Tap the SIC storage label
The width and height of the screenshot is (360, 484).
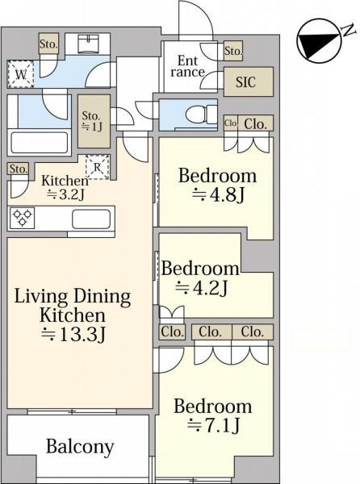click(x=245, y=82)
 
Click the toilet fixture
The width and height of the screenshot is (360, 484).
click(x=202, y=115)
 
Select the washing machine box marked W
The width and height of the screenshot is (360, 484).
click(x=20, y=74)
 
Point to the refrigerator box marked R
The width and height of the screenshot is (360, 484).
click(x=97, y=167)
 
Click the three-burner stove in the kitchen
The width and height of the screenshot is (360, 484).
click(x=22, y=218)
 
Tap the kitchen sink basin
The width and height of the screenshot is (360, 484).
click(x=91, y=219)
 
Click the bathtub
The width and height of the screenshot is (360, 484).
click(x=40, y=143)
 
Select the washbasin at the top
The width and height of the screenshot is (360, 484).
click(x=88, y=44)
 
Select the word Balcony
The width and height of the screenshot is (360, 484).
click(x=80, y=447)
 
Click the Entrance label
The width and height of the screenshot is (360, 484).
click(x=187, y=66)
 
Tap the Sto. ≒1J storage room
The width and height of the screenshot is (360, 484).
click(x=94, y=121)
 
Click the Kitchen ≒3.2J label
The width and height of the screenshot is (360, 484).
click(x=65, y=187)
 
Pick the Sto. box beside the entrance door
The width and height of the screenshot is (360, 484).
click(x=233, y=51)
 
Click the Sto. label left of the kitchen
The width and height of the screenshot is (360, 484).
click(x=19, y=169)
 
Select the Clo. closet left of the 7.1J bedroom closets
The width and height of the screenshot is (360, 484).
click(x=172, y=332)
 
